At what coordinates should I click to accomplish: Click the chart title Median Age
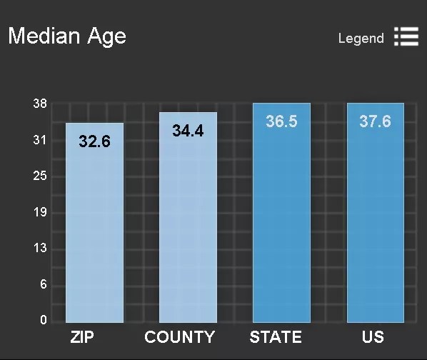pyautogui.click(x=67, y=36)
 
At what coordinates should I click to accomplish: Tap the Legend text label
pyautogui.click(x=361, y=39)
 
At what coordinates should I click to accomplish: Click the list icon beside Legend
pyautogui.click(x=406, y=36)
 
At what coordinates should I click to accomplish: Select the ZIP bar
pyautogui.click(x=94, y=223)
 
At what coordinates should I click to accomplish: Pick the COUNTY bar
pyautogui.click(x=189, y=217)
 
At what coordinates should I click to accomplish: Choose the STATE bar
pyautogui.click(x=281, y=213)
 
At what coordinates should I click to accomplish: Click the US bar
pyautogui.click(x=376, y=213)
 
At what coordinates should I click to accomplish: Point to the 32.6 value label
pyautogui.click(x=94, y=141)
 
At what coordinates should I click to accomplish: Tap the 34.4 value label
pyautogui.click(x=188, y=131)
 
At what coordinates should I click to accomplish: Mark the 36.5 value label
pyautogui.click(x=281, y=121)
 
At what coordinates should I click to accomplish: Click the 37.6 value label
pyautogui.click(x=376, y=121)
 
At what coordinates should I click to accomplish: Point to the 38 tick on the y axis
pyautogui.click(x=40, y=104)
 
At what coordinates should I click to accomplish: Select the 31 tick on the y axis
pyautogui.click(x=40, y=140)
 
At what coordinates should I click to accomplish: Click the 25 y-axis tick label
pyautogui.click(x=40, y=176)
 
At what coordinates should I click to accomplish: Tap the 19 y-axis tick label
pyautogui.click(x=40, y=212)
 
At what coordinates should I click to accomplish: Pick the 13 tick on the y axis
pyautogui.click(x=40, y=248)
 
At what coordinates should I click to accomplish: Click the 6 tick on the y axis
pyautogui.click(x=44, y=284)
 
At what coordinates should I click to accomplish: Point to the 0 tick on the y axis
pyautogui.click(x=44, y=320)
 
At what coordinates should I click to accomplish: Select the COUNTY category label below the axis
pyautogui.click(x=180, y=337)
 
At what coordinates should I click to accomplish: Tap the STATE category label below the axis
pyautogui.click(x=276, y=337)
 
